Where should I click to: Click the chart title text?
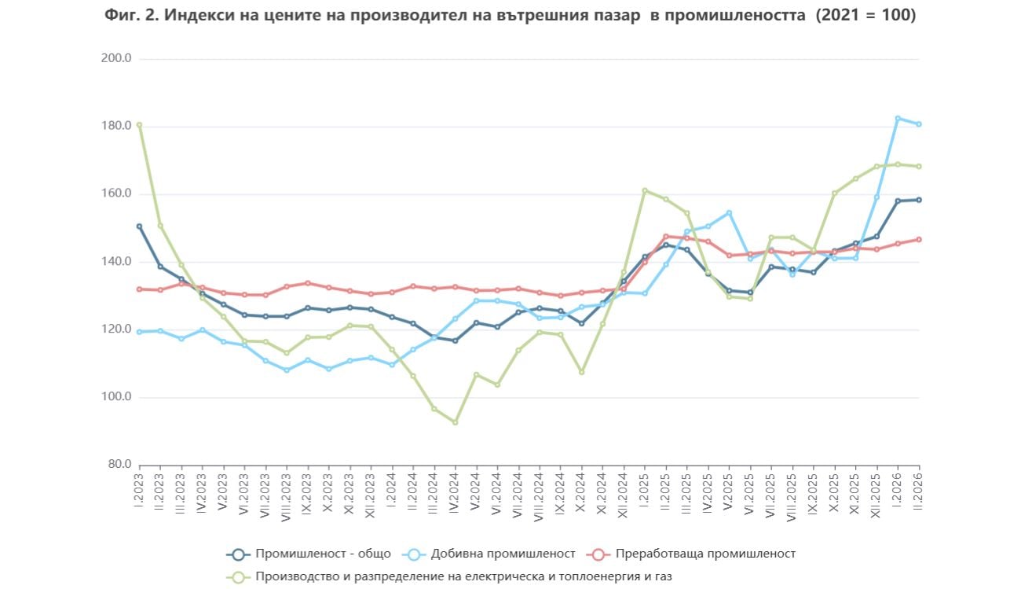510,15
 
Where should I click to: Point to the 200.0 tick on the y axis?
115,59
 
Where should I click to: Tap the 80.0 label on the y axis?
118,465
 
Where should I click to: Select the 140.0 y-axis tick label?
115,262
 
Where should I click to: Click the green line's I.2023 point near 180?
140,124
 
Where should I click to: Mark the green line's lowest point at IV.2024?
456,422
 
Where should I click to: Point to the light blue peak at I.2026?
898,118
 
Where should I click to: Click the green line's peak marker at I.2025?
645,190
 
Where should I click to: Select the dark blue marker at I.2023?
140,226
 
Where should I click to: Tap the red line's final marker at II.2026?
919,240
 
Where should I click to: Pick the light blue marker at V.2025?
729,212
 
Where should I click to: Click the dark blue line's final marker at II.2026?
919,200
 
